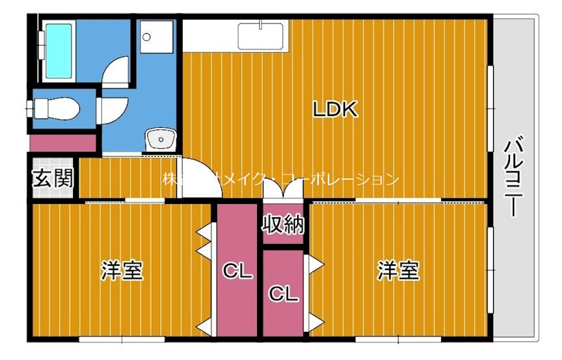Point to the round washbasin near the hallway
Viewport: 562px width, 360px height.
click(161, 139)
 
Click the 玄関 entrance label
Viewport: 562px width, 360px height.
click(52, 179)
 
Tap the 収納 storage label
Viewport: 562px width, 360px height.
click(283, 224)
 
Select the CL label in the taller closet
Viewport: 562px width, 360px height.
click(238, 271)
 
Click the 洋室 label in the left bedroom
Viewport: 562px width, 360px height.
click(122, 270)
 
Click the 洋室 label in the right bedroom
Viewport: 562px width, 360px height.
click(398, 270)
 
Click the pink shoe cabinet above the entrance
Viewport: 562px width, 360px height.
click(63, 143)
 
